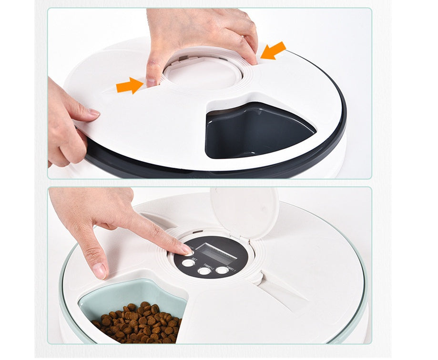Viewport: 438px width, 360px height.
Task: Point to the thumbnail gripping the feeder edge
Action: (93, 113)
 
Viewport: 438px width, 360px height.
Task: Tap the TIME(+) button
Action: (204, 271)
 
